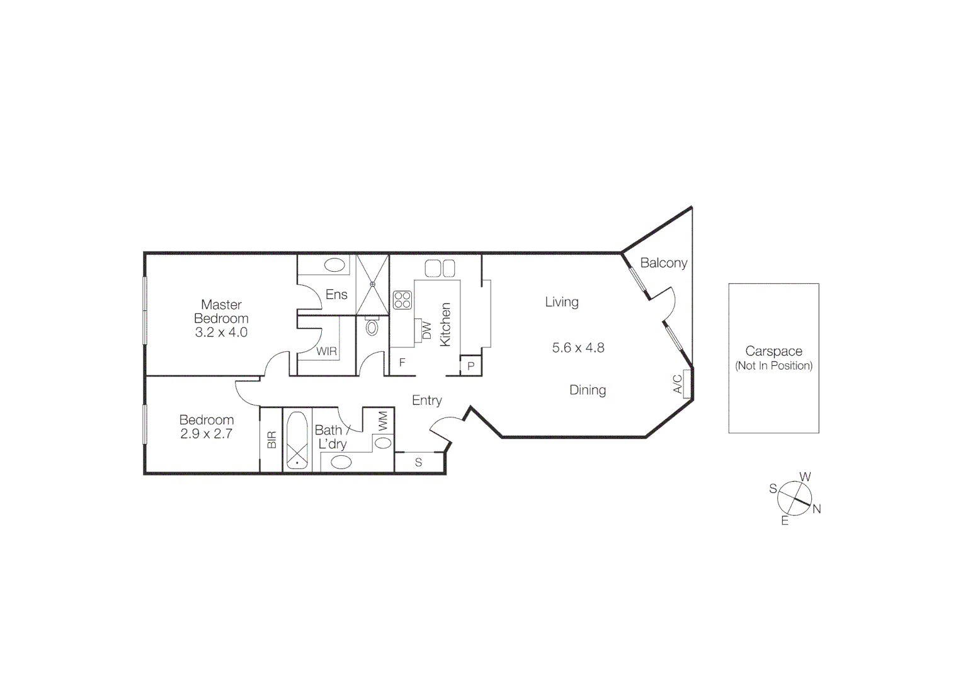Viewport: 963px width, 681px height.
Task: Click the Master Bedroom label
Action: click(221, 311)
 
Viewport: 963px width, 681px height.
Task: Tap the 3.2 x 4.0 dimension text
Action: click(221, 332)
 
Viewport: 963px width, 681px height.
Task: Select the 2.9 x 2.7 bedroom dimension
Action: click(207, 434)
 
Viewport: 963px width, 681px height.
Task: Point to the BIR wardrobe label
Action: click(271, 439)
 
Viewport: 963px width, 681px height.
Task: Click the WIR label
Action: click(326, 351)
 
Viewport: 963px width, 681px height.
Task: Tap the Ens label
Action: click(336, 294)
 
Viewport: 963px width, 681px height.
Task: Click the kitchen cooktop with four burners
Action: click(402, 300)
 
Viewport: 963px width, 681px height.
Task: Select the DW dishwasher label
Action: click(426, 330)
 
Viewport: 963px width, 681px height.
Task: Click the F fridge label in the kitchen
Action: click(402, 363)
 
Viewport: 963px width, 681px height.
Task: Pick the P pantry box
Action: click(470, 366)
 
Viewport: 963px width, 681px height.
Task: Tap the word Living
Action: click(562, 302)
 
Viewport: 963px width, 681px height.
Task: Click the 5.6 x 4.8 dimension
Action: click(578, 347)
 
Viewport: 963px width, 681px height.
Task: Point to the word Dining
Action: click(588, 390)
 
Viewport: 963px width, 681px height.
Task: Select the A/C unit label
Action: click(678, 384)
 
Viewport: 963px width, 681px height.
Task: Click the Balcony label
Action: click(663, 263)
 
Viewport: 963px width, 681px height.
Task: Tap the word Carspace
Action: click(773, 351)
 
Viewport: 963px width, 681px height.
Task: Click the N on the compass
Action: click(817, 509)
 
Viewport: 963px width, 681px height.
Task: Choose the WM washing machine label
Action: click(384, 421)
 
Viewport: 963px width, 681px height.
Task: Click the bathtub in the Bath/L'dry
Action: click(297, 440)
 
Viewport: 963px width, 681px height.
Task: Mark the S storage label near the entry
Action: click(418, 463)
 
